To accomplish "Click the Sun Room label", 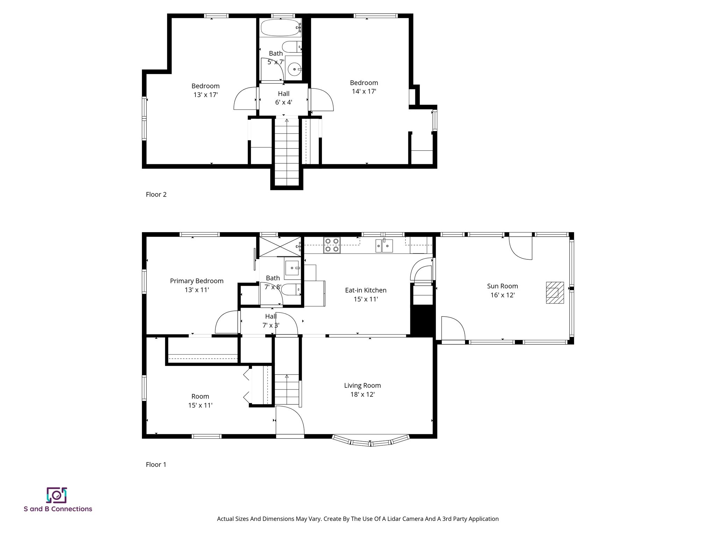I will [x=502, y=286].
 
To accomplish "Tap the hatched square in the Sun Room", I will [x=555, y=292].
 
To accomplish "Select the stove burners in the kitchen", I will [x=332, y=245].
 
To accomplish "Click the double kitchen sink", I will [x=384, y=246].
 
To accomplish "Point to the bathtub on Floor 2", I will [x=280, y=28].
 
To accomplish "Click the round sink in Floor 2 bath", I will [x=294, y=69].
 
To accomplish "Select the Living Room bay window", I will [x=371, y=441].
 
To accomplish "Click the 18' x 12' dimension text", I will [x=363, y=394].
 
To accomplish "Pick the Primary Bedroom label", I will [x=196, y=281].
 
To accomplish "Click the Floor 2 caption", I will [x=156, y=194].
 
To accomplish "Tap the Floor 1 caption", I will [x=156, y=464].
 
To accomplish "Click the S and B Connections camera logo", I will [x=56, y=495].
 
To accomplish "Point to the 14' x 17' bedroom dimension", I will [x=364, y=91].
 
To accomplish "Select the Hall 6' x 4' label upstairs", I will [x=284, y=98].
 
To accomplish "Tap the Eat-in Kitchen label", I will [x=366, y=290].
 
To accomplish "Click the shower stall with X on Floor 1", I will [x=280, y=246].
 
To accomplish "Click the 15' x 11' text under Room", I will [x=200, y=405].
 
